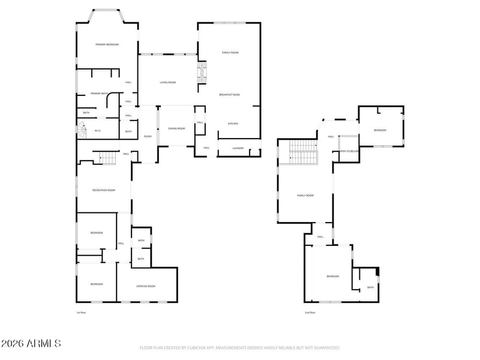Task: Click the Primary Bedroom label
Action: coord(107,45)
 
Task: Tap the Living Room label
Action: coord(168,82)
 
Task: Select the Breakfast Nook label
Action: coord(230,95)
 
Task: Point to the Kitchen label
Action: coord(233,124)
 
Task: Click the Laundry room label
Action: coord(238,148)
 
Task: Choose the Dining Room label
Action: coord(176,128)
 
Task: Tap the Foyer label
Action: coord(147,137)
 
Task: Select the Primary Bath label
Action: coord(99,94)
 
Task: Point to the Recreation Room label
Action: coord(103,190)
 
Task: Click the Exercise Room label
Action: coord(146,286)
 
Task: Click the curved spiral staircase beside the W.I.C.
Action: coord(80,128)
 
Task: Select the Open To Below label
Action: coord(349,151)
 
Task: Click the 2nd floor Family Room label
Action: coord(305,195)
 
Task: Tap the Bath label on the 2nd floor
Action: coord(370,287)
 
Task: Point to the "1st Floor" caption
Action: coord(81,313)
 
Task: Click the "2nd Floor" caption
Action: coord(310,313)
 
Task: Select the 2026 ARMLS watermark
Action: coord(31,344)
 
